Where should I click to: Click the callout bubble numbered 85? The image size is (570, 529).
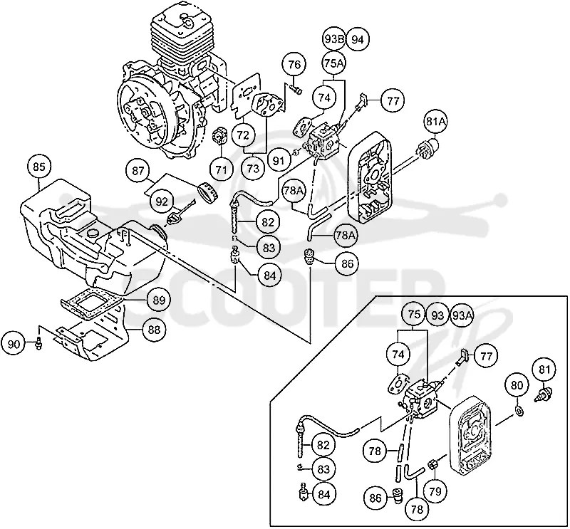[x=39, y=167]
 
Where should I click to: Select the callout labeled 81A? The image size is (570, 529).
[x=436, y=121]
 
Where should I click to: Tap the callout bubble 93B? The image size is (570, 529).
[x=333, y=39]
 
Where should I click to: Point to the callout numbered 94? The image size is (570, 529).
[x=358, y=39]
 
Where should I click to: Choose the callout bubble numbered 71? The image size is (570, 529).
[x=222, y=169]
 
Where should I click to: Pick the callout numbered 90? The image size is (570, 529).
[x=14, y=343]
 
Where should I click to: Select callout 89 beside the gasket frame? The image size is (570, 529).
[x=159, y=300]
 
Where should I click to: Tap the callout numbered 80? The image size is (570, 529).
[x=517, y=384]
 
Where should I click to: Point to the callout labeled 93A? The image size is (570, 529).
[x=462, y=315]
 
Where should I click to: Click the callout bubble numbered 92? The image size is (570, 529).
[x=162, y=201]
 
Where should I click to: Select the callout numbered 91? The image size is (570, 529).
[x=279, y=160]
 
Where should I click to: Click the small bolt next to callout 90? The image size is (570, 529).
[x=38, y=343]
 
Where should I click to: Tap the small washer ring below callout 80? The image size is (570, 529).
[x=519, y=411]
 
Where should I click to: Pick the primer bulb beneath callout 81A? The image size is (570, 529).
[x=428, y=146]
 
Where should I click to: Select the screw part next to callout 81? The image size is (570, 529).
[x=544, y=394]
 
